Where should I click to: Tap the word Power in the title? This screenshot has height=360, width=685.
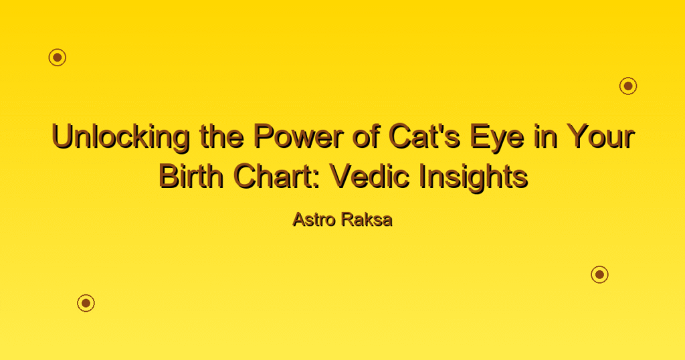[x=298, y=137]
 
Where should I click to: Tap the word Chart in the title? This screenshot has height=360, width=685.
[x=278, y=176]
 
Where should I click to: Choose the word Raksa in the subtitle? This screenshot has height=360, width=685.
[x=367, y=219]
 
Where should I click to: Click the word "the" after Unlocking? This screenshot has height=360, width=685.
[x=221, y=137]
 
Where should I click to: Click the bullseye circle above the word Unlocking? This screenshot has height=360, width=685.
[x=58, y=58]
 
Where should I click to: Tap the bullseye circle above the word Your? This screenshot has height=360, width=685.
[x=628, y=86]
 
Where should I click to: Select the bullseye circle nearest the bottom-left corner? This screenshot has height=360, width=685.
[x=86, y=303]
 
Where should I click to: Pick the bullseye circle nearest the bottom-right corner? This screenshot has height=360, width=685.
[x=600, y=274]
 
